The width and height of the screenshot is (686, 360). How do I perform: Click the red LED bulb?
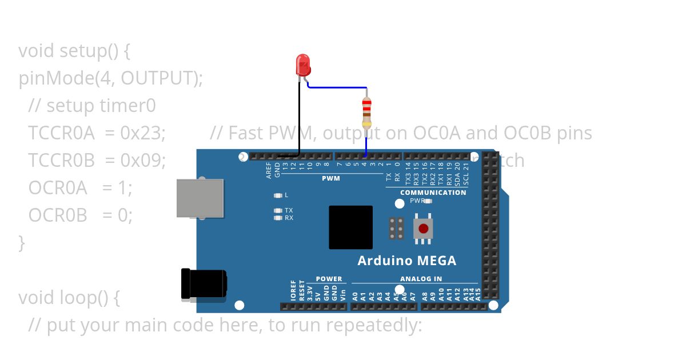(x=302, y=65)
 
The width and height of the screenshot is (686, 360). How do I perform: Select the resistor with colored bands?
(x=366, y=112)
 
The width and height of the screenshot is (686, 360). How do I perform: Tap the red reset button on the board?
(x=423, y=229)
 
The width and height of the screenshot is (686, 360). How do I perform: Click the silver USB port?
(x=200, y=198)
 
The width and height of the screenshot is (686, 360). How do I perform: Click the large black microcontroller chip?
(x=350, y=227)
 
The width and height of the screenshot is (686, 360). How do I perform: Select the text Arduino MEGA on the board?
(x=406, y=261)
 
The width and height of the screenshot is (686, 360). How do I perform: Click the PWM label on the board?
(x=330, y=178)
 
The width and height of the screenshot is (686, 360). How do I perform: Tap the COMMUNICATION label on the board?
(x=433, y=193)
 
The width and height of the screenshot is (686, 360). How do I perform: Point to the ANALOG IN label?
(x=421, y=279)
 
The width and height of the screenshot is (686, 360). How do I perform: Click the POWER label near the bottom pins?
(x=329, y=279)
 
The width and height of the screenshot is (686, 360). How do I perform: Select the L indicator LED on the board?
(x=278, y=195)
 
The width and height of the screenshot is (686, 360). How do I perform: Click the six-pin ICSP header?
(x=396, y=228)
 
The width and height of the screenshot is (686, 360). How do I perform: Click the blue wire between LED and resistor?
(x=337, y=87)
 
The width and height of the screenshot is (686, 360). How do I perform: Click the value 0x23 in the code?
(x=142, y=133)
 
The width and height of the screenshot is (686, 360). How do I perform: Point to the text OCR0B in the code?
(x=58, y=215)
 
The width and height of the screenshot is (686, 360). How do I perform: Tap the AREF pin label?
(x=269, y=170)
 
